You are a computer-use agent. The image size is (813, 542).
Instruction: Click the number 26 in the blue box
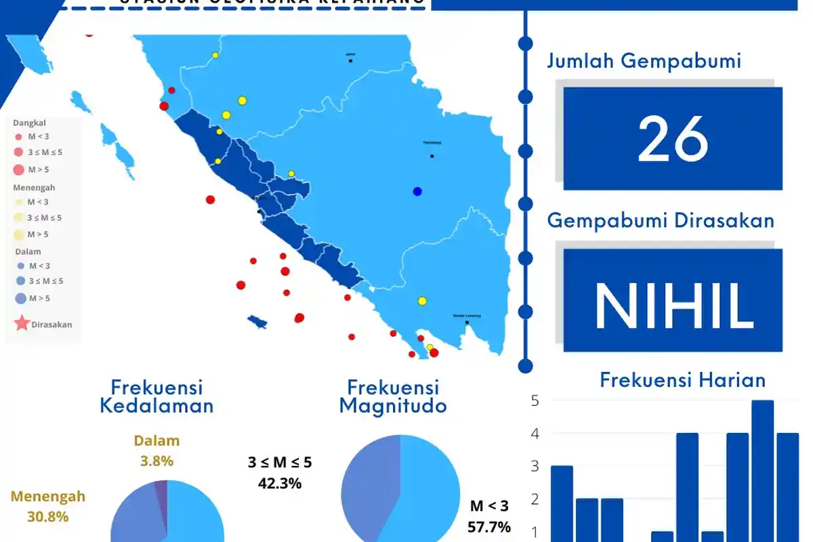(x=673, y=140)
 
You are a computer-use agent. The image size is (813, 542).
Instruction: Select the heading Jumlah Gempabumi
(x=644, y=61)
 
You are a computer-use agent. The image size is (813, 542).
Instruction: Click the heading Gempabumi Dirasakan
(x=661, y=220)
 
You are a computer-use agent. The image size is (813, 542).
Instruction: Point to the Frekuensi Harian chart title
(x=682, y=380)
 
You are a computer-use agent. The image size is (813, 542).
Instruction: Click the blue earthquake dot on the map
(x=417, y=192)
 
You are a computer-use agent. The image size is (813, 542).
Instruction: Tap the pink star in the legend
(x=22, y=323)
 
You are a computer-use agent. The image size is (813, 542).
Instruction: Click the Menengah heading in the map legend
(x=34, y=188)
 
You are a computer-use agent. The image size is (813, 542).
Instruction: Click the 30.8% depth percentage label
(x=48, y=516)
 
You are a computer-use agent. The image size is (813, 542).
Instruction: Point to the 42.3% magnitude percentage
(x=280, y=483)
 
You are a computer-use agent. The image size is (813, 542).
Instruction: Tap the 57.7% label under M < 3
(x=489, y=526)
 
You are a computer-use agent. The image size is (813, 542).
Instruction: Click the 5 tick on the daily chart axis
(x=535, y=400)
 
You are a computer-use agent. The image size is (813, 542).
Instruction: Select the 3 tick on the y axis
(x=535, y=466)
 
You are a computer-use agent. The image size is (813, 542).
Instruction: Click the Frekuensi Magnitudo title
(x=393, y=396)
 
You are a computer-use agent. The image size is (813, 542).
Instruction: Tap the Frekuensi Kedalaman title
(x=157, y=396)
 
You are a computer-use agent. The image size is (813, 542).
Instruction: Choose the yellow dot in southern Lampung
(x=422, y=301)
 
